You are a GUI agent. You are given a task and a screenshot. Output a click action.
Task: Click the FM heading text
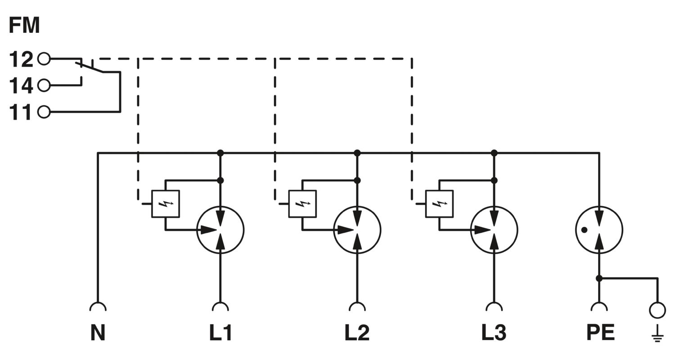pos(24,25)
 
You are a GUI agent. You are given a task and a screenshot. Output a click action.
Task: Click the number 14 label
pos(21,85)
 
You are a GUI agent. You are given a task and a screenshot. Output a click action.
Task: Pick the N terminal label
pos(98,333)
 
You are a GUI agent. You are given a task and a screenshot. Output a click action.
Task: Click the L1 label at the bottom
pos(220,333)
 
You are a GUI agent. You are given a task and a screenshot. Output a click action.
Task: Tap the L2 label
pos(357,333)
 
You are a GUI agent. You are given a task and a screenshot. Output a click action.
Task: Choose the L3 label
pos(494,333)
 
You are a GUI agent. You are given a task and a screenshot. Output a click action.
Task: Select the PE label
pos(601,333)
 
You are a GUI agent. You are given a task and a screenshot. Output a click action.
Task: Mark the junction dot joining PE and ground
pos(599,279)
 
